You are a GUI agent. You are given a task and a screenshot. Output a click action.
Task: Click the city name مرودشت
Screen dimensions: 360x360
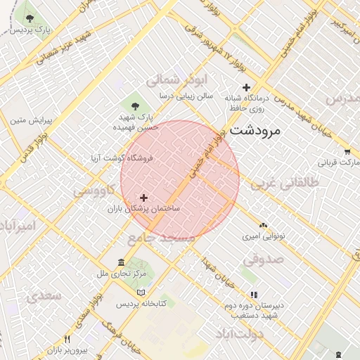click(x=255, y=130)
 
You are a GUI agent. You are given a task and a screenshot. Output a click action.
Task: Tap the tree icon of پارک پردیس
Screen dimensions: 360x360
click(x=29, y=17)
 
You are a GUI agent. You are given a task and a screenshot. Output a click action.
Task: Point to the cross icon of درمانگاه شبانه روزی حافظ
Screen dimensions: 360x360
click(x=246, y=87)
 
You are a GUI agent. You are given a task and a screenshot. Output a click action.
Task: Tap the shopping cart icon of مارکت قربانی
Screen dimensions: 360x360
click(x=347, y=151)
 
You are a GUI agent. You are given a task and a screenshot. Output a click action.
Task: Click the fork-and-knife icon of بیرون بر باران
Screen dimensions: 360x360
click(x=67, y=339)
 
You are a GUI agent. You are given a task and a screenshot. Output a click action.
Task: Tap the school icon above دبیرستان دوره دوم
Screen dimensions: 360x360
click(x=254, y=294)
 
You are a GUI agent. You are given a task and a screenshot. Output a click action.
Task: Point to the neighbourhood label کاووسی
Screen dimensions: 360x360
click(x=91, y=191)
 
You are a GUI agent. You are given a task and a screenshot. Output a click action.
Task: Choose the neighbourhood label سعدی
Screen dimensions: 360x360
click(x=44, y=297)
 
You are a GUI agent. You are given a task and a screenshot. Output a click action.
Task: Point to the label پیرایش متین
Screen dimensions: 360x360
click(x=28, y=120)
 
